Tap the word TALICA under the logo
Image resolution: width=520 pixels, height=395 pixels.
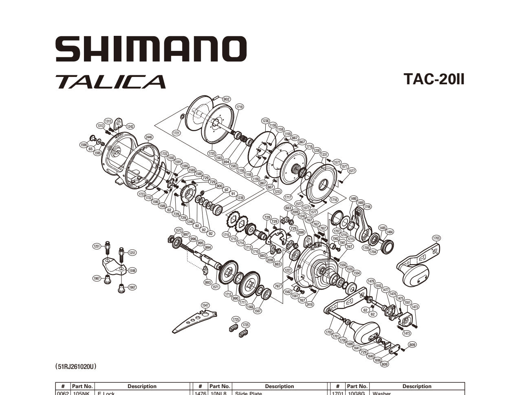click(x=110, y=81)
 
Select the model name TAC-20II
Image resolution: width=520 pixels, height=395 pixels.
click(x=434, y=79)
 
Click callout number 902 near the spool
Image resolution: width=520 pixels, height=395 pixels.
click(x=226, y=99)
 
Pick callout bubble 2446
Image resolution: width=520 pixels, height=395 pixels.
click(x=149, y=137)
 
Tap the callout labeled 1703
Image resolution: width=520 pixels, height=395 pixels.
click(x=436, y=238)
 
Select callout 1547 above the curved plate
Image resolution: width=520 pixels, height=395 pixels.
click(x=205, y=305)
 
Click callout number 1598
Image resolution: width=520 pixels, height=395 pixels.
click(x=132, y=270)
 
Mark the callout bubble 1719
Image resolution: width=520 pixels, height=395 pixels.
click(x=240, y=107)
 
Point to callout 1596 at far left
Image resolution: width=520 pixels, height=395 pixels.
click(x=84, y=144)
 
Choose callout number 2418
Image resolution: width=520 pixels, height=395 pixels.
click(x=310, y=304)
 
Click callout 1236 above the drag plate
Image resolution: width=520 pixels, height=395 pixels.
click(x=265, y=121)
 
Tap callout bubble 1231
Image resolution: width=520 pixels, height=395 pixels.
click(x=324, y=155)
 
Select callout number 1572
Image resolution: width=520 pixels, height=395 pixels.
click(x=178, y=230)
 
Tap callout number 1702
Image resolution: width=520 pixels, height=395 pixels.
click(x=329, y=332)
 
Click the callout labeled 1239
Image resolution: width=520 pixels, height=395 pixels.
click(x=240, y=198)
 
